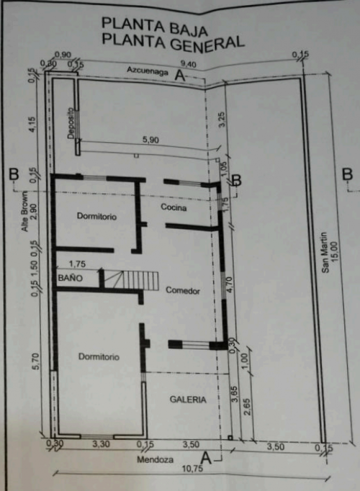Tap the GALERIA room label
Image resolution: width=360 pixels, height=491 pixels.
pos(188,400)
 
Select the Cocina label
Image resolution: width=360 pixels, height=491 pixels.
pos(173,208)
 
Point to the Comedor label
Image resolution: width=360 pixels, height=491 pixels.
pos(183,290)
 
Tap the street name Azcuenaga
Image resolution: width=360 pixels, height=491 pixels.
pos(148,71)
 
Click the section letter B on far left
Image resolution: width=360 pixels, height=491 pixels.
pos(14,174)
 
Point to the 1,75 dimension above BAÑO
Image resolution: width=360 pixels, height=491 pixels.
pos(77,264)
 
